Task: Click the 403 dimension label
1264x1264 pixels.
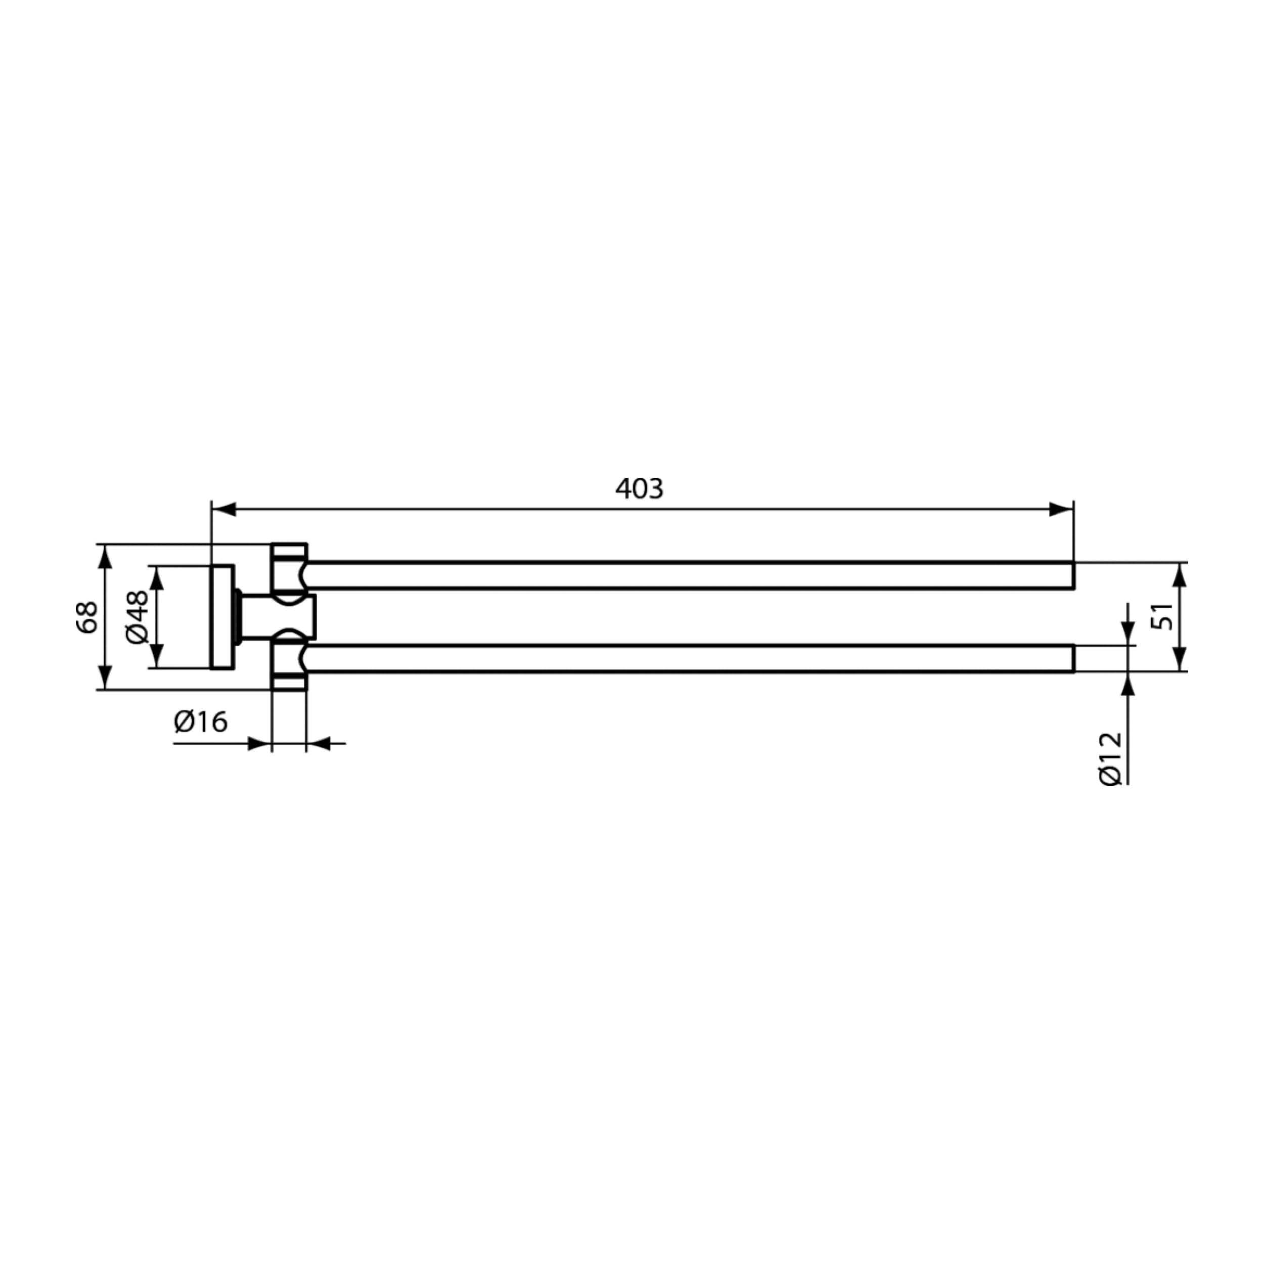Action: point(639,489)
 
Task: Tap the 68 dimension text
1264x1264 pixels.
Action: point(86,617)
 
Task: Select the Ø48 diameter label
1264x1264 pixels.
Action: point(138,617)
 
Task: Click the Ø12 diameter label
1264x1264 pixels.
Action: point(1110,759)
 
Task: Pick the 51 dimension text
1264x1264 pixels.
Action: point(1162,616)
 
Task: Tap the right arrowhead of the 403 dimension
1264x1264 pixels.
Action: point(1061,509)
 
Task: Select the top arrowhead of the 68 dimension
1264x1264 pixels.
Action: point(104,556)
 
